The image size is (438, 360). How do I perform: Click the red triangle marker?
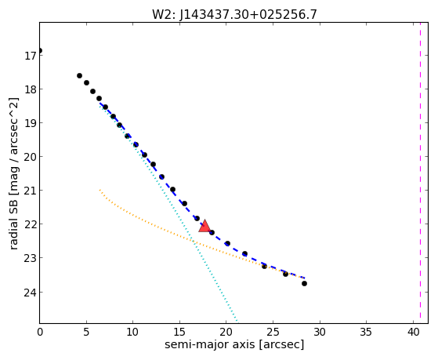coord(205,227)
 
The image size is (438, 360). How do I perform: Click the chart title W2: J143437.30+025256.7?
coord(234,14)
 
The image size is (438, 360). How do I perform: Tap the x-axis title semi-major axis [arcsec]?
coord(234,344)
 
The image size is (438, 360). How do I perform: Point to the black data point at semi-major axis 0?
coord(40,51)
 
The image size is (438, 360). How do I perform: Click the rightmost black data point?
coord(304,283)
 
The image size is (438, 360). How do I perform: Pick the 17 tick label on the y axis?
coord(29,56)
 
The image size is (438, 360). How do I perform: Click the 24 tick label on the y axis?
coord(29,293)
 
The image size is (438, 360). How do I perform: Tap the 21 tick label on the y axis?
coord(29,191)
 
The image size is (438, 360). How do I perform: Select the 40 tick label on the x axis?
coord(413,332)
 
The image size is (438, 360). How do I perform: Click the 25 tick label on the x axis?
coord(273,332)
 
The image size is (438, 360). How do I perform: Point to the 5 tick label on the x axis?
coord(86,332)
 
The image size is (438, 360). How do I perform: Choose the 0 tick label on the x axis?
coord(40,332)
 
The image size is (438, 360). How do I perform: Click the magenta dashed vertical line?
coord(420,173)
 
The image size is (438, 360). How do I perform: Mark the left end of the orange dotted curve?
coord(100,190)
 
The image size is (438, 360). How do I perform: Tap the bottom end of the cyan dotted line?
coord(237,322)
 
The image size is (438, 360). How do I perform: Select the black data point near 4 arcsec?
coord(79,75)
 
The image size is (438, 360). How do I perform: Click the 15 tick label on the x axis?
coord(179,332)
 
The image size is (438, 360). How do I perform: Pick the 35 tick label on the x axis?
coord(366,332)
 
